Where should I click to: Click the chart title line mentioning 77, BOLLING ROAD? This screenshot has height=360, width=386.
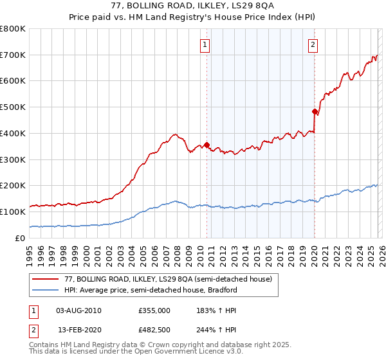193,6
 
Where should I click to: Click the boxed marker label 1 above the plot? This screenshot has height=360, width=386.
205,45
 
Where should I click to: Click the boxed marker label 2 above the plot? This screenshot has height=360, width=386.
312,45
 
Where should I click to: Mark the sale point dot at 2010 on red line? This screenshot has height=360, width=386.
207,145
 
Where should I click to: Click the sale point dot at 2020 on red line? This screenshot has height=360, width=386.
315,111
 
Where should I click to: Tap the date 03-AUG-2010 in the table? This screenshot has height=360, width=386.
78,310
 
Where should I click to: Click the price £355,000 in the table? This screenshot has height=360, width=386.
154,310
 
